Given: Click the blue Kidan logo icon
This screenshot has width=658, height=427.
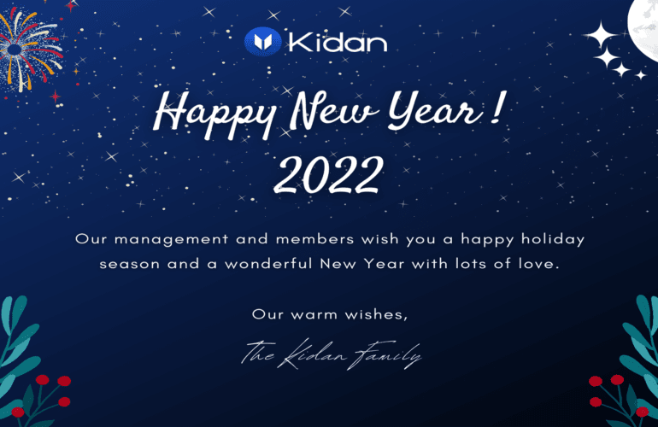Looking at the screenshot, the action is (262, 42).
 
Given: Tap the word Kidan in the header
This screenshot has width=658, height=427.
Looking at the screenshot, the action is (338, 42).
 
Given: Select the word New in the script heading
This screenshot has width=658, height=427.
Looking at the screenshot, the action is (334, 111).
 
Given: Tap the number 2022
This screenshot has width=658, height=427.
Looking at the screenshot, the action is (329, 174).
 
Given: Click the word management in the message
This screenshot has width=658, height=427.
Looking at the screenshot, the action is (171, 239).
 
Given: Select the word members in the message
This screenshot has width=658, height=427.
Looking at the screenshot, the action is (314, 239).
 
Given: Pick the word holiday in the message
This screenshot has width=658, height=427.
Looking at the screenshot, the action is (553, 239).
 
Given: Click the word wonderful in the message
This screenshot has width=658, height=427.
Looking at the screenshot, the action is (268, 263).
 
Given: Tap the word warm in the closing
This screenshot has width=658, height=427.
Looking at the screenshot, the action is (314, 314).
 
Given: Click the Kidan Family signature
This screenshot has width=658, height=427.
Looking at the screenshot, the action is (332, 355).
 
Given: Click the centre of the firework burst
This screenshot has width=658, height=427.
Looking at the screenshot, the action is (15, 49).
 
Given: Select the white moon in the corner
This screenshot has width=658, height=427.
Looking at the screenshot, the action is (643, 27).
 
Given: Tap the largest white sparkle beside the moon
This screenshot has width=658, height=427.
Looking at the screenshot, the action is (601, 35).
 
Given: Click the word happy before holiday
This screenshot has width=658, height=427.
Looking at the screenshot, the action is (487, 239).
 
